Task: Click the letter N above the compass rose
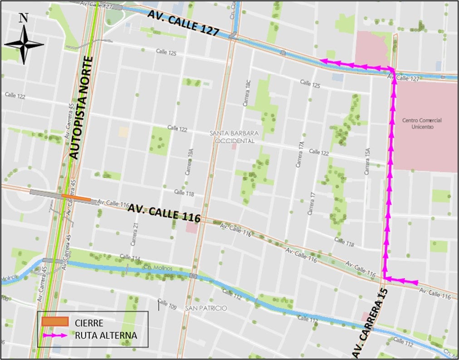24,18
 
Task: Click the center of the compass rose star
24,44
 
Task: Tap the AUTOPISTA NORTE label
82,108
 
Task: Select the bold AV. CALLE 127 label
184,24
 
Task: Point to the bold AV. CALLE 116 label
164,213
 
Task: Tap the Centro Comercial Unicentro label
421,124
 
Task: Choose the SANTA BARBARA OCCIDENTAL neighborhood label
234,136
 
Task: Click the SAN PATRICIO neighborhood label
205,308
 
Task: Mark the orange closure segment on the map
76,197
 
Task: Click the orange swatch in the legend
55,322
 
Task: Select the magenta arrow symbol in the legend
55,336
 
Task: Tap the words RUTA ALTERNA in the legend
106,336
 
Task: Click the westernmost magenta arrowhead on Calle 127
324,61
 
